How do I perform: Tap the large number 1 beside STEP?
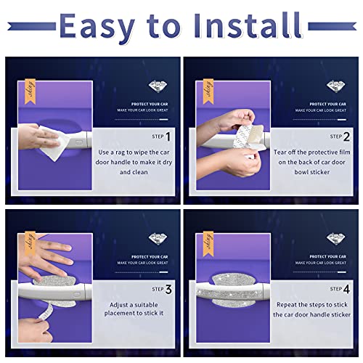pos(168,136)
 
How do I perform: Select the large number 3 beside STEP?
pos(168,290)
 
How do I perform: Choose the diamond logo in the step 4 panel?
pos(334,239)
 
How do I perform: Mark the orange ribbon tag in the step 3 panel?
pos(30,241)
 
